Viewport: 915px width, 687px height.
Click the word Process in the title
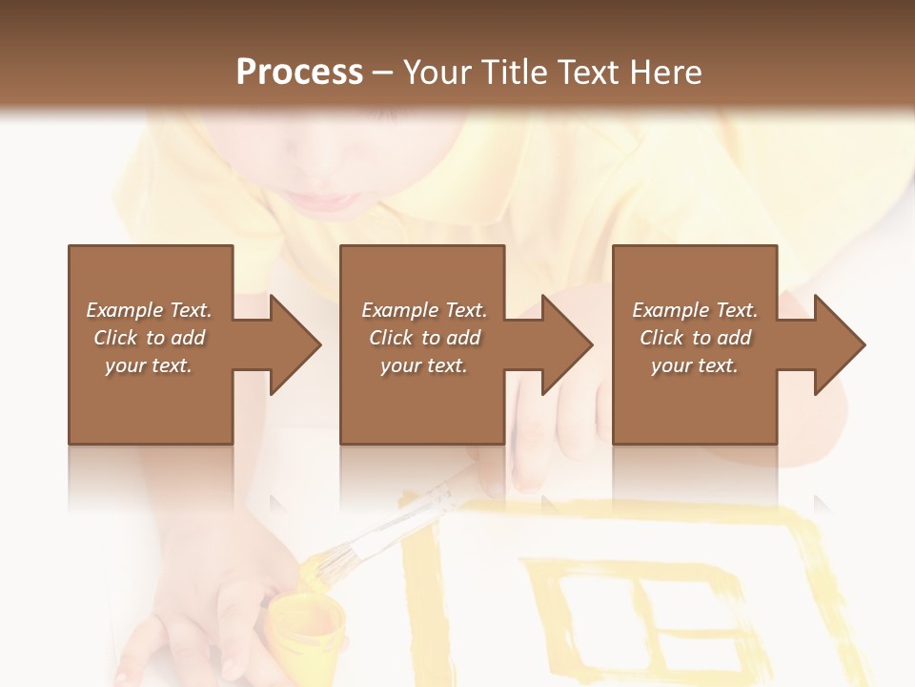point(299,73)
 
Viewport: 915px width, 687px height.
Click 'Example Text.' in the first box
point(149,310)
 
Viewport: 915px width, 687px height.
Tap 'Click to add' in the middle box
point(424,338)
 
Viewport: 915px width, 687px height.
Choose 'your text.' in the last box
point(695,365)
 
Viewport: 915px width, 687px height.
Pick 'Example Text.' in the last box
point(695,310)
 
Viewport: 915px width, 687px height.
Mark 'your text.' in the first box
point(149,365)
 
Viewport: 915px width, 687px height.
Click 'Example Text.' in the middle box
point(424,310)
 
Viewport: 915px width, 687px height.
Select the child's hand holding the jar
point(205,611)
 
